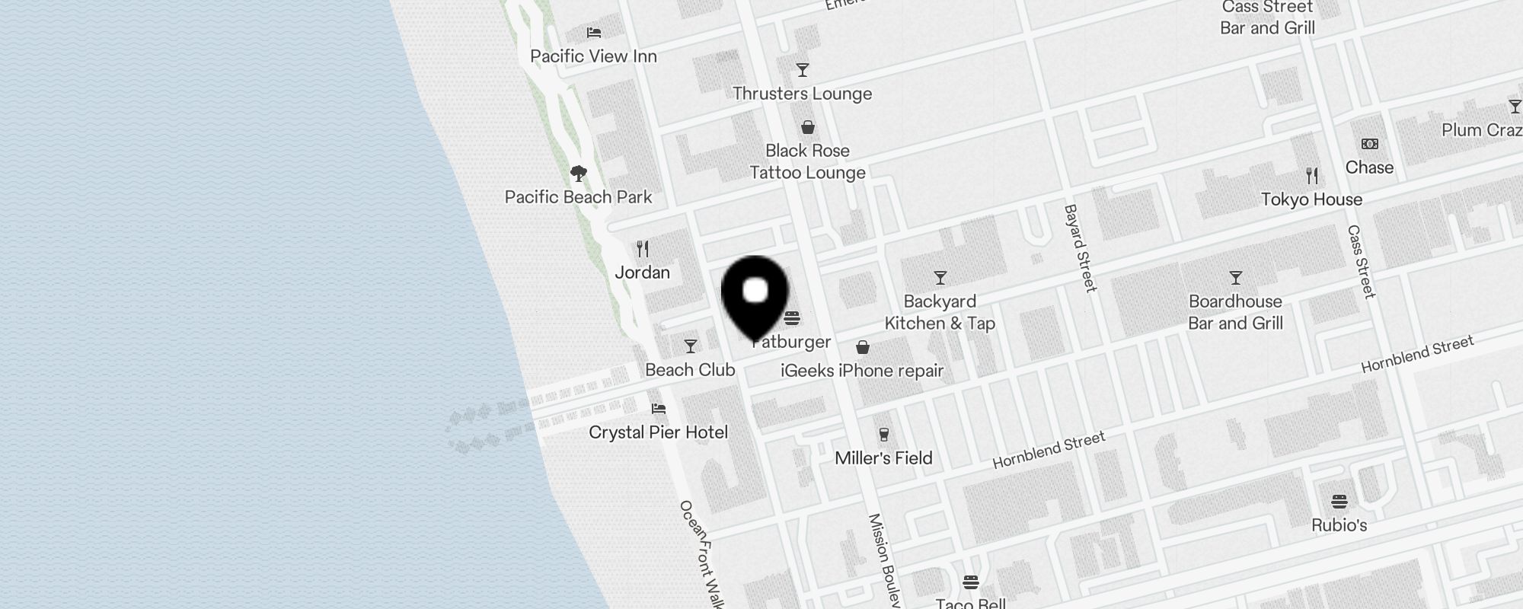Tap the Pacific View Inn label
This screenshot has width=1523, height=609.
pos(593,56)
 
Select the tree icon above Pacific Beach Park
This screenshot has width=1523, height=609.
pos(579,174)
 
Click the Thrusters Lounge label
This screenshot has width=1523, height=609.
pos(802,94)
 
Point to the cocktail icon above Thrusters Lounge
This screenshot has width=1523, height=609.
pos(802,71)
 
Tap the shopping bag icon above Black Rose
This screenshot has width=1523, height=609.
pos(807,127)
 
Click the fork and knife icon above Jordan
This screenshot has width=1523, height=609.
pos(643,249)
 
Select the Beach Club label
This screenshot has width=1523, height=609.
pos(690,370)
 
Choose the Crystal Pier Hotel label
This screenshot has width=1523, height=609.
pos(658,432)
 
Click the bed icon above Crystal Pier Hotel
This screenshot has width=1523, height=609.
pos(659,409)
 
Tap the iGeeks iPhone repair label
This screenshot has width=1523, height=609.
pos(862,371)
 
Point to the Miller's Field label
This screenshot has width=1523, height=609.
pos(883,458)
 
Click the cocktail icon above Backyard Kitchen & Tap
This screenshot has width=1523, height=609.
pos(940,278)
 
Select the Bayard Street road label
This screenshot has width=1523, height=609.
pos(1081,247)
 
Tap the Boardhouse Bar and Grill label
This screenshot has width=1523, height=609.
pos(1235,312)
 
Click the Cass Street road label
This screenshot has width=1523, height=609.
pos(1362,261)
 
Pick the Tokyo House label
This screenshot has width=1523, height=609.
pos(1311,199)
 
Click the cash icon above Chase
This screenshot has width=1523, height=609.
pos(1369,144)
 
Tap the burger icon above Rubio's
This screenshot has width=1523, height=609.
pos(1339,502)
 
